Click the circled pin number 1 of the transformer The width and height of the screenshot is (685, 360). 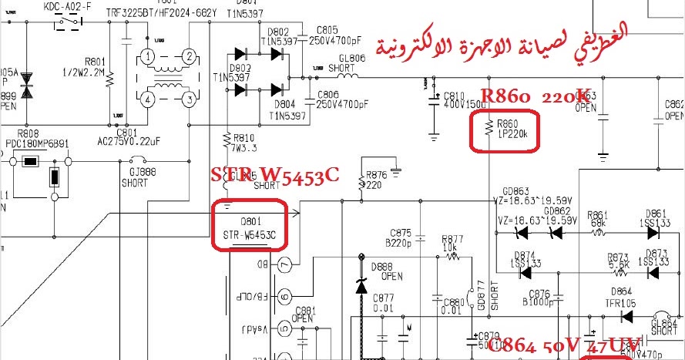coord(148,56)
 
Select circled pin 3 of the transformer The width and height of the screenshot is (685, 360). coord(189,99)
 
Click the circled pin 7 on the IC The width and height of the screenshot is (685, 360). coord(285,264)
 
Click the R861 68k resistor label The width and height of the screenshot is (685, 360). coord(598,218)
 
